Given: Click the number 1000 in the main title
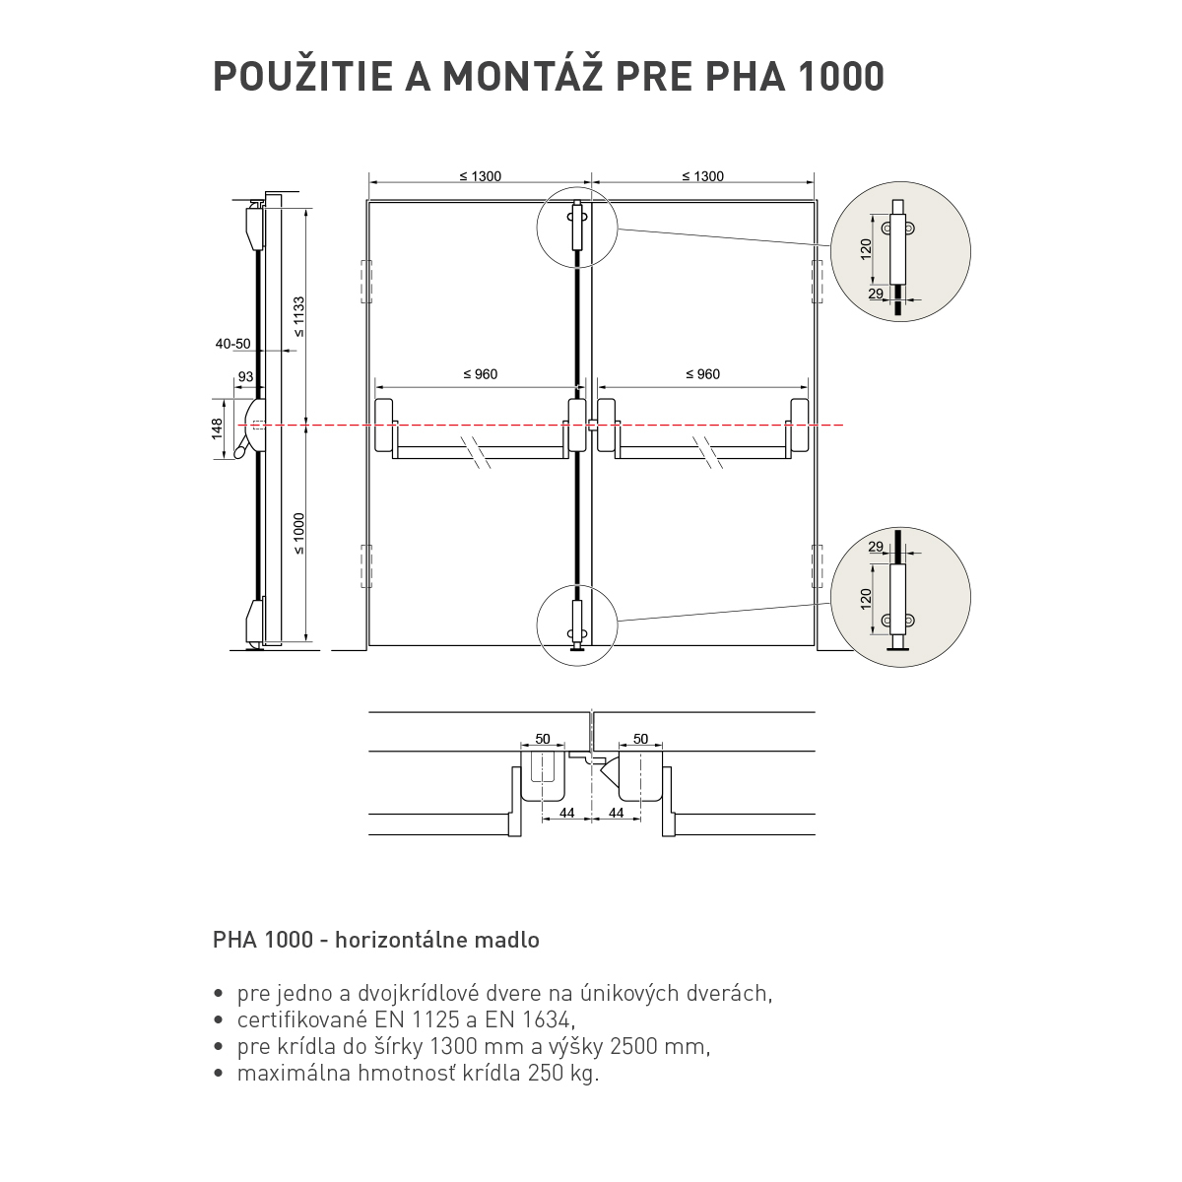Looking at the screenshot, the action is (x=840, y=76).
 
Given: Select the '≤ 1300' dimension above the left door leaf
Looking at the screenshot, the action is (x=481, y=176).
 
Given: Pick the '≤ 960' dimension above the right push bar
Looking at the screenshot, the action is (x=703, y=374).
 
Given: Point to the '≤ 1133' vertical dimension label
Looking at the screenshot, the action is (x=298, y=316).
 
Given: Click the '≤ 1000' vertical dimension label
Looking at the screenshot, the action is (x=298, y=534).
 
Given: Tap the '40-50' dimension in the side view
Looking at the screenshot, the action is (x=233, y=344).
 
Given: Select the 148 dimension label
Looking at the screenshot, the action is (x=217, y=428).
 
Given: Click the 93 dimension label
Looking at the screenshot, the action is (x=245, y=376).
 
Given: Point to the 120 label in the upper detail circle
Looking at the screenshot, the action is (x=866, y=249).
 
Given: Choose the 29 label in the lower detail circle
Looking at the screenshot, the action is (x=876, y=547).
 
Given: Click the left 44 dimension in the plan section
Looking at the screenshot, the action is (x=567, y=813).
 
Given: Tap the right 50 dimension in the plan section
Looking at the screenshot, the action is (x=640, y=739).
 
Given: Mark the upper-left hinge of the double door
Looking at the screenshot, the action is (x=366, y=282).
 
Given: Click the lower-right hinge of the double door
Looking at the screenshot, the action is (x=817, y=566).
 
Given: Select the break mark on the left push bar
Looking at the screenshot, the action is (x=478, y=453).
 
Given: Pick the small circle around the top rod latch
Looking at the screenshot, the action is (x=577, y=228).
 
